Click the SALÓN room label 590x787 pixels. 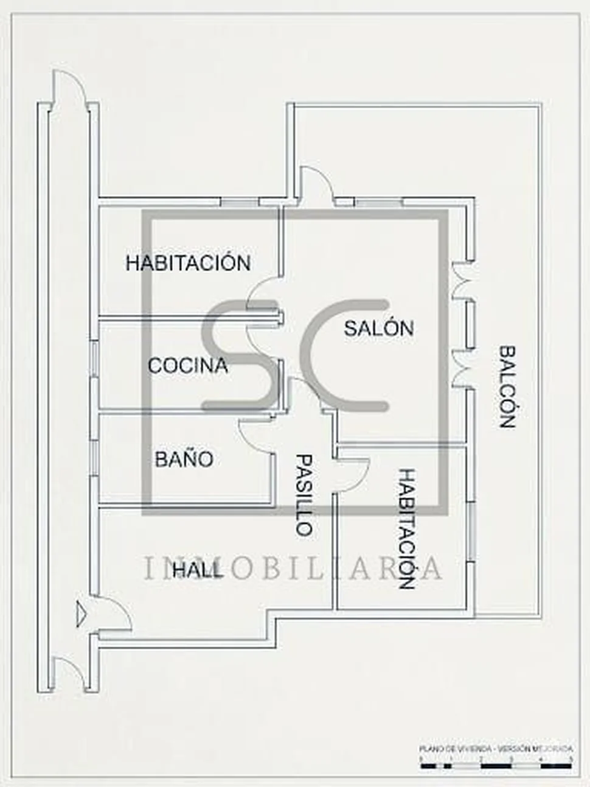pyautogui.click(x=378, y=328)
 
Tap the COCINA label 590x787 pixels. pyautogui.click(x=188, y=365)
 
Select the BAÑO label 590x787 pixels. pyautogui.click(x=184, y=459)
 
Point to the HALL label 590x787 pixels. pyautogui.click(x=197, y=570)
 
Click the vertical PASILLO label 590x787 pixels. pyautogui.click(x=304, y=494)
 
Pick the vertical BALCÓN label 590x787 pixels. pyautogui.click(x=507, y=387)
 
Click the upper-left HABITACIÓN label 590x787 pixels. pyautogui.click(x=188, y=263)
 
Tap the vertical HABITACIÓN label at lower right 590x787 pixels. pyautogui.click(x=406, y=528)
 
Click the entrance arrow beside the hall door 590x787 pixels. pyautogui.click(x=80, y=612)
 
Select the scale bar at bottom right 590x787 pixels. pyautogui.click(x=496, y=765)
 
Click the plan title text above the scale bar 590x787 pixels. pyautogui.click(x=496, y=749)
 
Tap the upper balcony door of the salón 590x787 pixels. pyautogui.click(x=462, y=280)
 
